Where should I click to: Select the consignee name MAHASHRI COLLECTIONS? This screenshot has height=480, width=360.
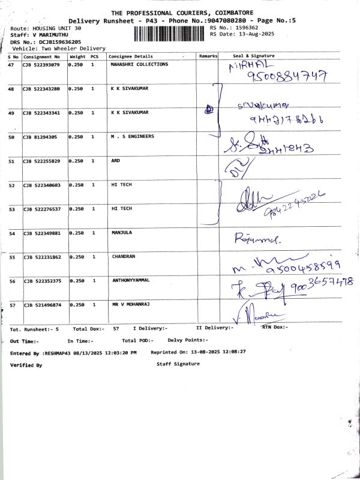click(x=140, y=64)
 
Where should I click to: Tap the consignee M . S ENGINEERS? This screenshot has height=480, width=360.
click(x=133, y=136)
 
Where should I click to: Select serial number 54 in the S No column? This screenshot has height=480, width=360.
click(x=11, y=233)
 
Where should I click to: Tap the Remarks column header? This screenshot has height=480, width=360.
click(x=208, y=56)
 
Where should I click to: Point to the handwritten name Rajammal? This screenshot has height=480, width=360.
click(x=259, y=238)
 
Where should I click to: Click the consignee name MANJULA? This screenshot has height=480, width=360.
click(x=122, y=232)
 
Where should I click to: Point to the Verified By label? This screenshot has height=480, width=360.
click(x=26, y=364)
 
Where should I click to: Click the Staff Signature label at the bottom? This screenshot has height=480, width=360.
click(x=178, y=364)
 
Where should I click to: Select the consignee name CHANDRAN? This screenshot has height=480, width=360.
click(x=124, y=256)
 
